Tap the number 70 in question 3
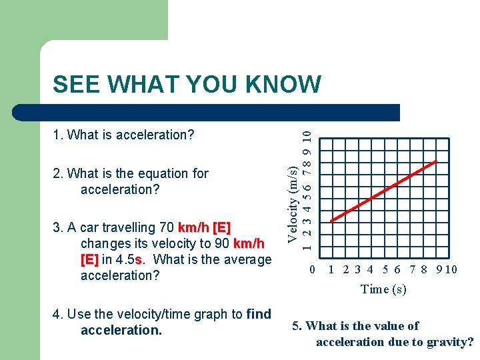(x=169, y=227)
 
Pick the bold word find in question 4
(x=259, y=314)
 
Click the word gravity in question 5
(x=447, y=342)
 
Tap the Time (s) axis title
(x=383, y=289)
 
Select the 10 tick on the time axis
(x=451, y=270)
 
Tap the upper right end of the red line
(x=437, y=161)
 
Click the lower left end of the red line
(x=331, y=221)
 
